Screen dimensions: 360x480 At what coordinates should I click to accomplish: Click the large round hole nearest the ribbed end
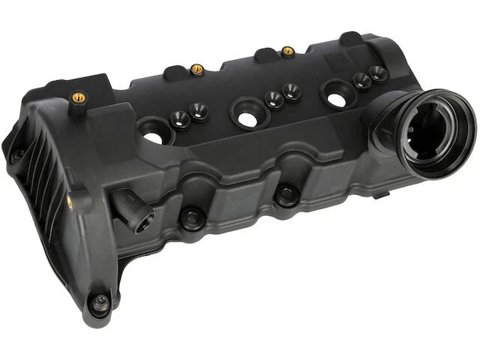(x=153, y=137)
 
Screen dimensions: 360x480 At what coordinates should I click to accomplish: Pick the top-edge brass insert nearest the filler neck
(x=287, y=52)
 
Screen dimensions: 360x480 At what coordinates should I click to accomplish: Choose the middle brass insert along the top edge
(x=197, y=69)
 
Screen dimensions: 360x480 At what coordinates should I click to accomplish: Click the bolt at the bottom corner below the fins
(x=99, y=303)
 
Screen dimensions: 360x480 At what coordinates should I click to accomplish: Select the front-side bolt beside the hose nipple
(x=192, y=218)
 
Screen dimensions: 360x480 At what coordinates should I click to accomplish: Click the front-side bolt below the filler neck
(x=286, y=196)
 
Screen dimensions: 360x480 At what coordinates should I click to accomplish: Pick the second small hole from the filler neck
(x=361, y=81)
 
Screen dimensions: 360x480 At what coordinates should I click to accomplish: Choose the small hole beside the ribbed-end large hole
(x=180, y=118)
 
